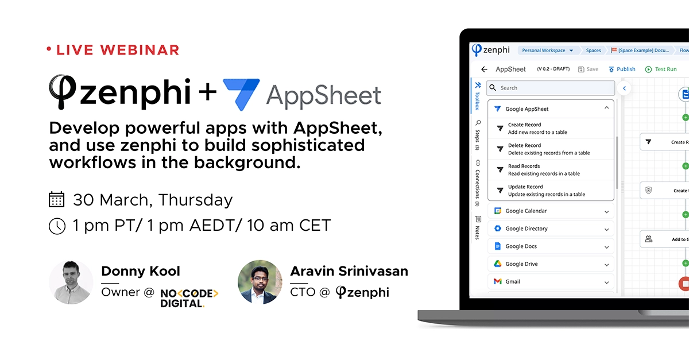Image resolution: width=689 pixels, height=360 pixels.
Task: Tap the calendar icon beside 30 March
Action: pyautogui.click(x=56, y=199)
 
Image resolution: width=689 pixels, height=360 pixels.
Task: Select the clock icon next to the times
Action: pyautogui.click(x=56, y=226)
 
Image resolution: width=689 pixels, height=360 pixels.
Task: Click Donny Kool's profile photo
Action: pyautogui.click(x=71, y=282)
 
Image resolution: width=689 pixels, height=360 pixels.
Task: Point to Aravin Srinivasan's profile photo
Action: pyautogui.click(x=260, y=282)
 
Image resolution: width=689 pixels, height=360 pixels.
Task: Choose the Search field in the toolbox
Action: pyautogui.click(x=551, y=88)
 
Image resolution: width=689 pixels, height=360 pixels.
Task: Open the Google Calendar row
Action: pyautogui.click(x=550, y=211)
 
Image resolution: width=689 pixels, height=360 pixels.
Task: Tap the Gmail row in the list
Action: pyautogui.click(x=550, y=281)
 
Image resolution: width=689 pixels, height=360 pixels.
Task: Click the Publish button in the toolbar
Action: pyautogui.click(x=622, y=69)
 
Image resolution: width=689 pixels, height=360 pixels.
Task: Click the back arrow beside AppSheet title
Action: pyautogui.click(x=484, y=69)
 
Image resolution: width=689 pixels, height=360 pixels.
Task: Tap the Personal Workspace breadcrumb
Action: pyautogui.click(x=547, y=51)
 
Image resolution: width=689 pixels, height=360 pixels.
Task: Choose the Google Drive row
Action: pyautogui.click(x=550, y=264)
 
